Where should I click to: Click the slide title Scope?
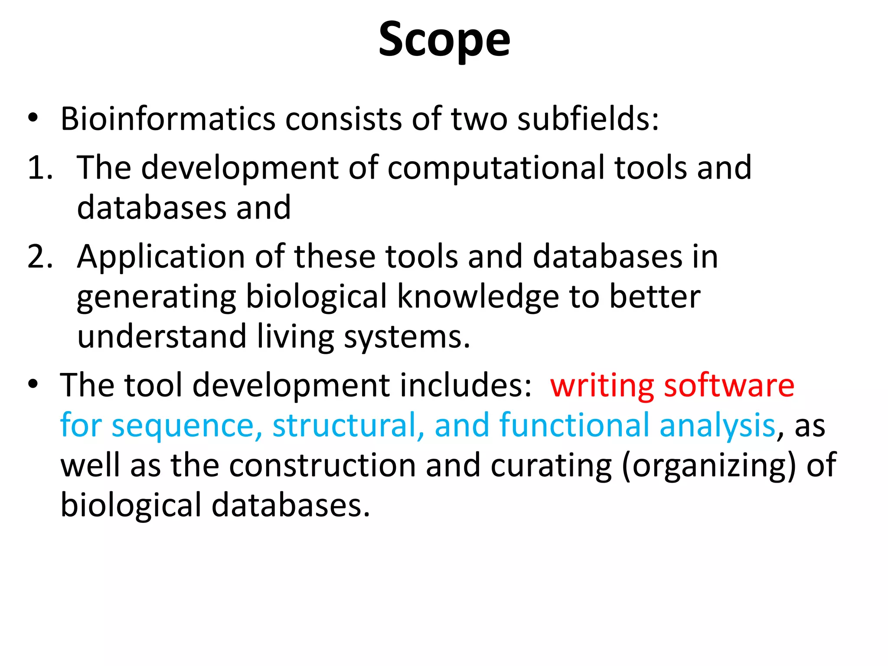pyautogui.click(x=444, y=40)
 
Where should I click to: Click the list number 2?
pyautogui.click(x=40, y=257)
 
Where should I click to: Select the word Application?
pyautogui.click(x=161, y=257)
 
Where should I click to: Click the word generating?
pyautogui.click(x=156, y=297)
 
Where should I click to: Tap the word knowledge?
pyautogui.click(x=478, y=297)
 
